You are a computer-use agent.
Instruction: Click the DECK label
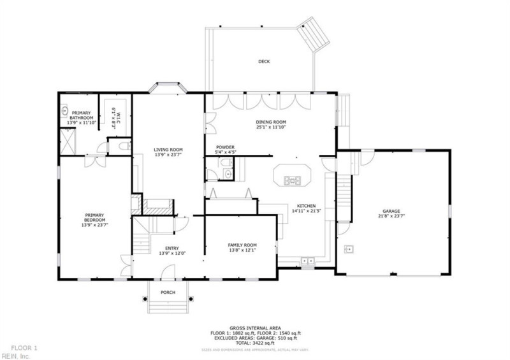263,62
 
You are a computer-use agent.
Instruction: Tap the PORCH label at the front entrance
168,292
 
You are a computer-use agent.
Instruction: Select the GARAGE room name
391,211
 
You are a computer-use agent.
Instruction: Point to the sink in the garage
349,248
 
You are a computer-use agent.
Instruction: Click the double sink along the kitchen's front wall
308,261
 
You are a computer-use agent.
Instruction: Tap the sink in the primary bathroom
64,110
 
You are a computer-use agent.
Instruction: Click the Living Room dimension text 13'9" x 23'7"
168,155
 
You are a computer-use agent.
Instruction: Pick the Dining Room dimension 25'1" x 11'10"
271,127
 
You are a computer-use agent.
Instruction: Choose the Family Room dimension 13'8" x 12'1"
242,250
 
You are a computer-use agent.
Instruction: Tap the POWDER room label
225,147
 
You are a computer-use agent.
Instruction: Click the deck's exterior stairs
315,38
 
